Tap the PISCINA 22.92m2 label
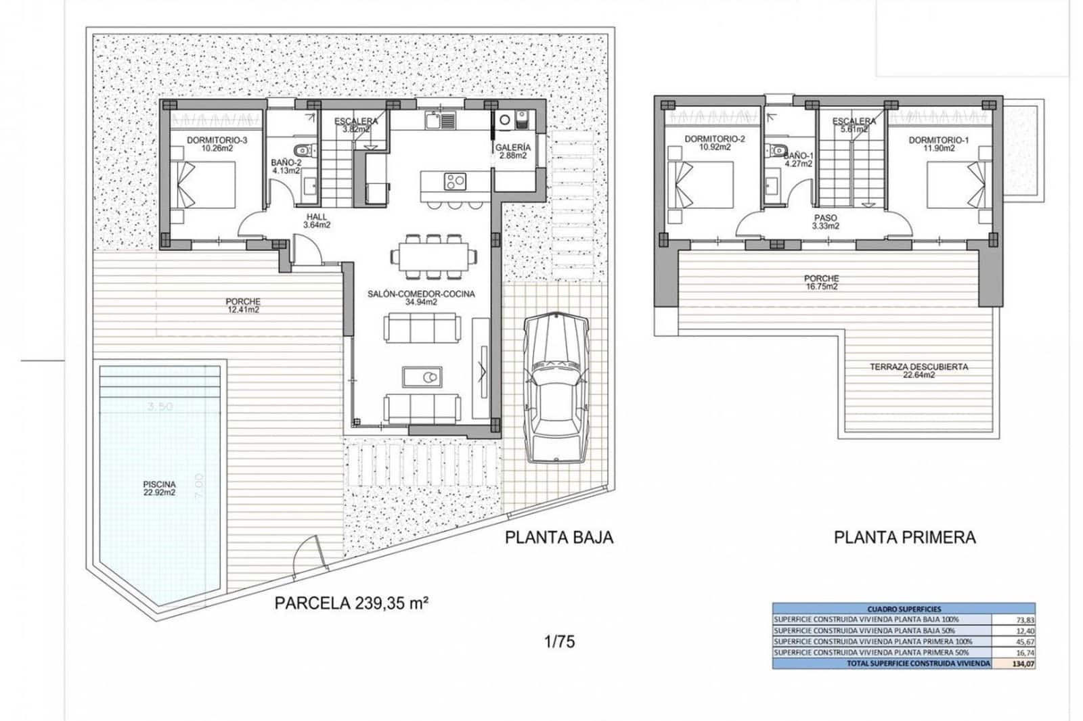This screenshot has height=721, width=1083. point(159,488)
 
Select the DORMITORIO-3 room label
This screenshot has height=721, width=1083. point(208,144)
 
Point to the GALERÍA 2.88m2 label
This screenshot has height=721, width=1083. point(512,151)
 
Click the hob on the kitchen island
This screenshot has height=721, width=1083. point(454,181)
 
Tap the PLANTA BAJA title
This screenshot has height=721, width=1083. point(559,537)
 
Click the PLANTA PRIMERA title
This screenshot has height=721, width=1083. point(904,538)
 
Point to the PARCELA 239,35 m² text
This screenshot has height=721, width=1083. point(351,603)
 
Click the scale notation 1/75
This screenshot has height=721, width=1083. point(559,641)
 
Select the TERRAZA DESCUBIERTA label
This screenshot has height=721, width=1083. point(919,370)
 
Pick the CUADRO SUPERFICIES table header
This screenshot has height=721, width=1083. point(904,609)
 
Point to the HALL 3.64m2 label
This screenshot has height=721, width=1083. point(316,220)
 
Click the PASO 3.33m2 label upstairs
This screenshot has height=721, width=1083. point(825,222)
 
